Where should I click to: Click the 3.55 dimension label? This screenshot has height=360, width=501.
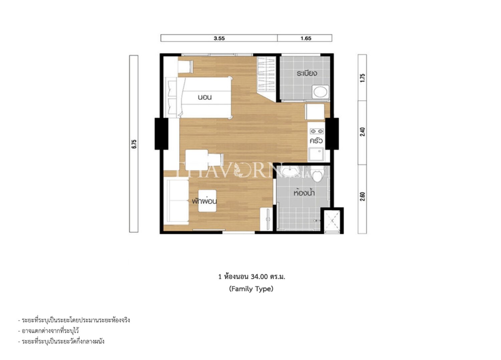[x=219, y=38]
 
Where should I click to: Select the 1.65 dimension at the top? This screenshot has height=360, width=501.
[x=306, y=38]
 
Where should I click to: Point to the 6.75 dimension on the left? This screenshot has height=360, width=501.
[x=134, y=144]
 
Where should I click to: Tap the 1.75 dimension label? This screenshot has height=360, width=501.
[x=363, y=78]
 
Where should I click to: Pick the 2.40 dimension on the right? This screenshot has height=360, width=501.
[x=363, y=132]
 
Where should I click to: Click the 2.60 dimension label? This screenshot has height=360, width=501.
[x=363, y=197]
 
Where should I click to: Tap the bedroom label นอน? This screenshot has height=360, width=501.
[x=205, y=97]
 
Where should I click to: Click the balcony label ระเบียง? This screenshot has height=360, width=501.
[x=307, y=73]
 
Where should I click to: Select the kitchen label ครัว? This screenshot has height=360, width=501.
[x=316, y=141]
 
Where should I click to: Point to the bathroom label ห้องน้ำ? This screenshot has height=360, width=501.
[x=304, y=193]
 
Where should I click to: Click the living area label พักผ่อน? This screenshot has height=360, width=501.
[x=204, y=201]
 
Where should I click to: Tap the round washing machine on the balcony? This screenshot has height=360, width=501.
[x=320, y=92]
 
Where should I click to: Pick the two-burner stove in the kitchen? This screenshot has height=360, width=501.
[x=316, y=131]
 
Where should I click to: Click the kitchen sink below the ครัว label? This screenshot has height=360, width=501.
[x=316, y=154]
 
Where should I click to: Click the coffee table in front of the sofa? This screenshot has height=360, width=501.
[x=207, y=201]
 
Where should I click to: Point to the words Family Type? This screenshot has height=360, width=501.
[x=251, y=289]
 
